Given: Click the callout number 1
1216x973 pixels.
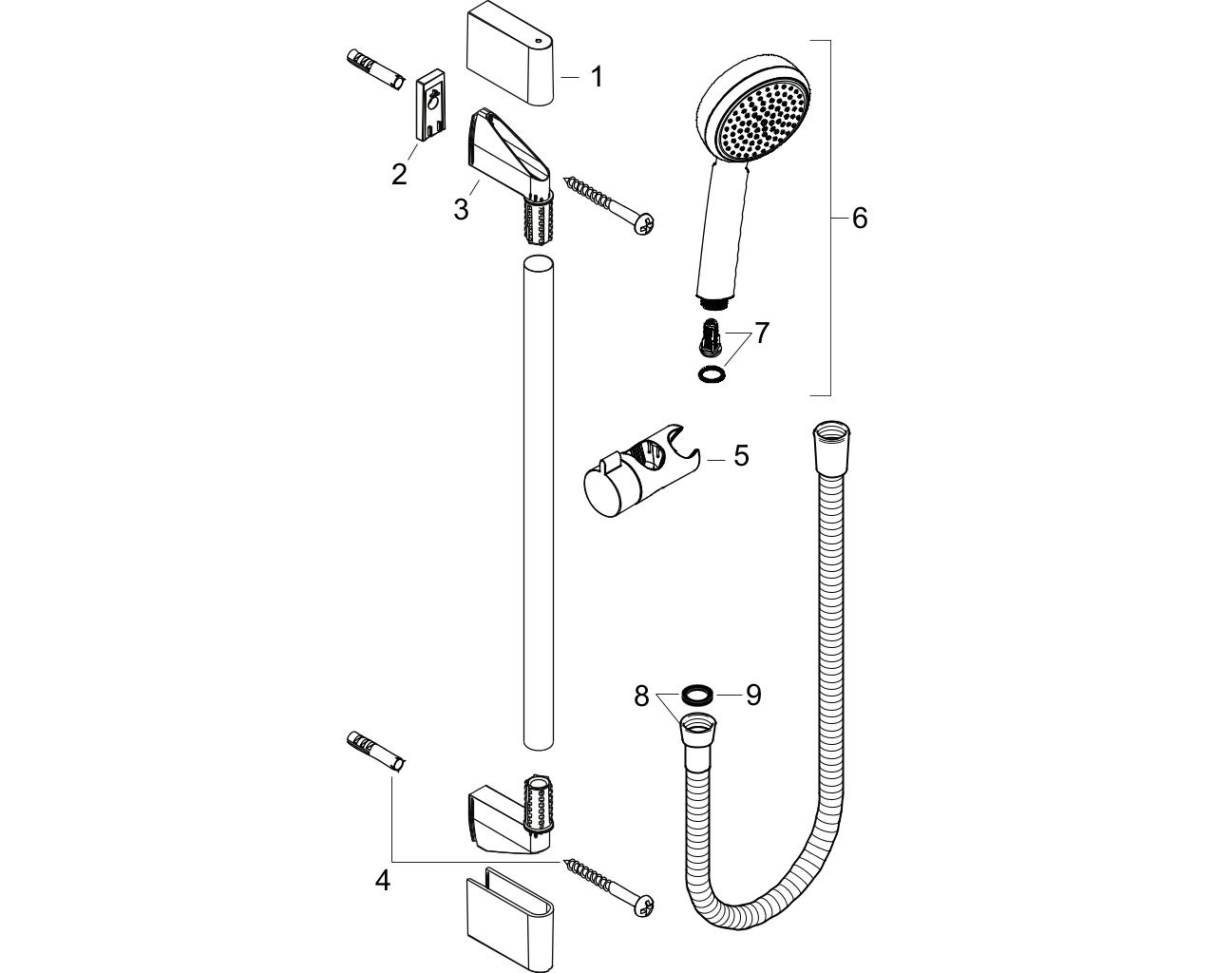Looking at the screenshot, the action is pyautogui.click(x=597, y=77).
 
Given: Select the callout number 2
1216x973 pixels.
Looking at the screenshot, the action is pyautogui.click(x=400, y=174).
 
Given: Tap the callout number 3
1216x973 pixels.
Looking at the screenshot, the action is pyautogui.click(x=462, y=209).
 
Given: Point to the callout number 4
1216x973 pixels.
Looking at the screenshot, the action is pyautogui.click(x=383, y=896).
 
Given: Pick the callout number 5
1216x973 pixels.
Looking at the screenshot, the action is pyautogui.click(x=741, y=455).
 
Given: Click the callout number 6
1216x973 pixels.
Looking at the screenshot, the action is pyautogui.click(x=860, y=218).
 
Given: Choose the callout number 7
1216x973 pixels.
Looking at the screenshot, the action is pyautogui.click(x=762, y=333).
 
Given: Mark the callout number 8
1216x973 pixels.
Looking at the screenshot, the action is pyautogui.click(x=641, y=697).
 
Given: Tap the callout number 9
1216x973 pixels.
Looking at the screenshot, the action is pyautogui.click(x=753, y=696).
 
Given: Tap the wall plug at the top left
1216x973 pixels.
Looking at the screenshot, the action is pyautogui.click(x=374, y=70).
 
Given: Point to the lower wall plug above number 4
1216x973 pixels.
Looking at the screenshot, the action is pyautogui.click(x=374, y=752).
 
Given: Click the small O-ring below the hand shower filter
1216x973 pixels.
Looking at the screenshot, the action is pyautogui.click(x=711, y=373).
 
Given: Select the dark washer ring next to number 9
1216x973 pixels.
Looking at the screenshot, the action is pyautogui.click(x=696, y=696).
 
